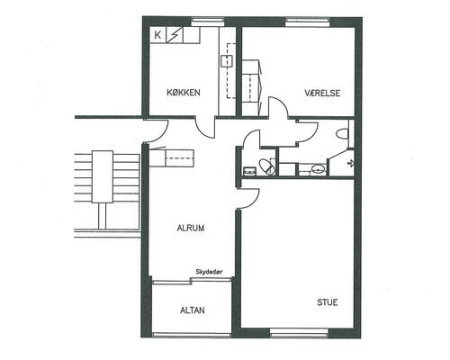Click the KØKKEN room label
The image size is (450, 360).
point(184,93)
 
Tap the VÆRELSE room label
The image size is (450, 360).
point(322,93)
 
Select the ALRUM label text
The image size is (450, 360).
point(191,228)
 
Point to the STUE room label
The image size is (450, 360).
point(328,302)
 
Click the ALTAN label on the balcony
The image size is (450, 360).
point(193,310)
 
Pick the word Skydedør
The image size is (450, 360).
point(209,272)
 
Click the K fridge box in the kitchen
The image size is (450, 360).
point(157,35)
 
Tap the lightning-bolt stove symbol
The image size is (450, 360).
point(174,35)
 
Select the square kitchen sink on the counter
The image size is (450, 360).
point(227,61)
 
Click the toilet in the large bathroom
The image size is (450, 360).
point(343,134)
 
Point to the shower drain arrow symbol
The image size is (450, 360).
point(351,163)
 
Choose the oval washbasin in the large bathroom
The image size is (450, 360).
point(318,169)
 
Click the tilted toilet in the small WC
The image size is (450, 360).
point(266,167)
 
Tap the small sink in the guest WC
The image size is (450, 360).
point(249,171)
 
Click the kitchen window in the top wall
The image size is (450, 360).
point(208,22)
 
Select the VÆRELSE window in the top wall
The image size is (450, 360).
point(307,22)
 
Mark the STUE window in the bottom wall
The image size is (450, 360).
point(299,333)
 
